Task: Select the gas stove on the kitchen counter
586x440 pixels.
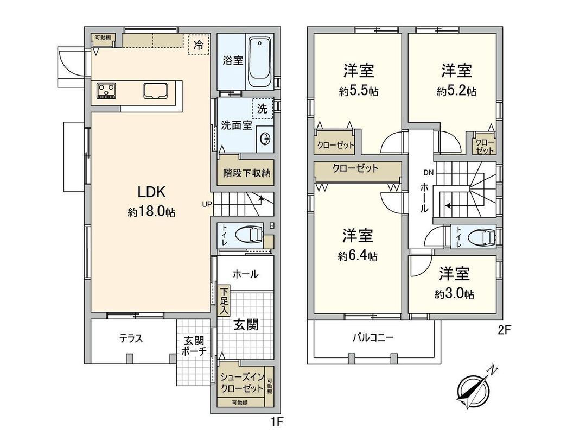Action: point(106,90)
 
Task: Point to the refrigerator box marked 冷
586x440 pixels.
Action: point(199,45)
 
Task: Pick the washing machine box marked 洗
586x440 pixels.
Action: point(263,108)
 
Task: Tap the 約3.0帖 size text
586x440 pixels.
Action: point(454,294)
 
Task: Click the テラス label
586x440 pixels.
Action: point(131,338)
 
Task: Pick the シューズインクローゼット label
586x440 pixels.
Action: point(242,384)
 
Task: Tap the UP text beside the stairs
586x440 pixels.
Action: point(207,204)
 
